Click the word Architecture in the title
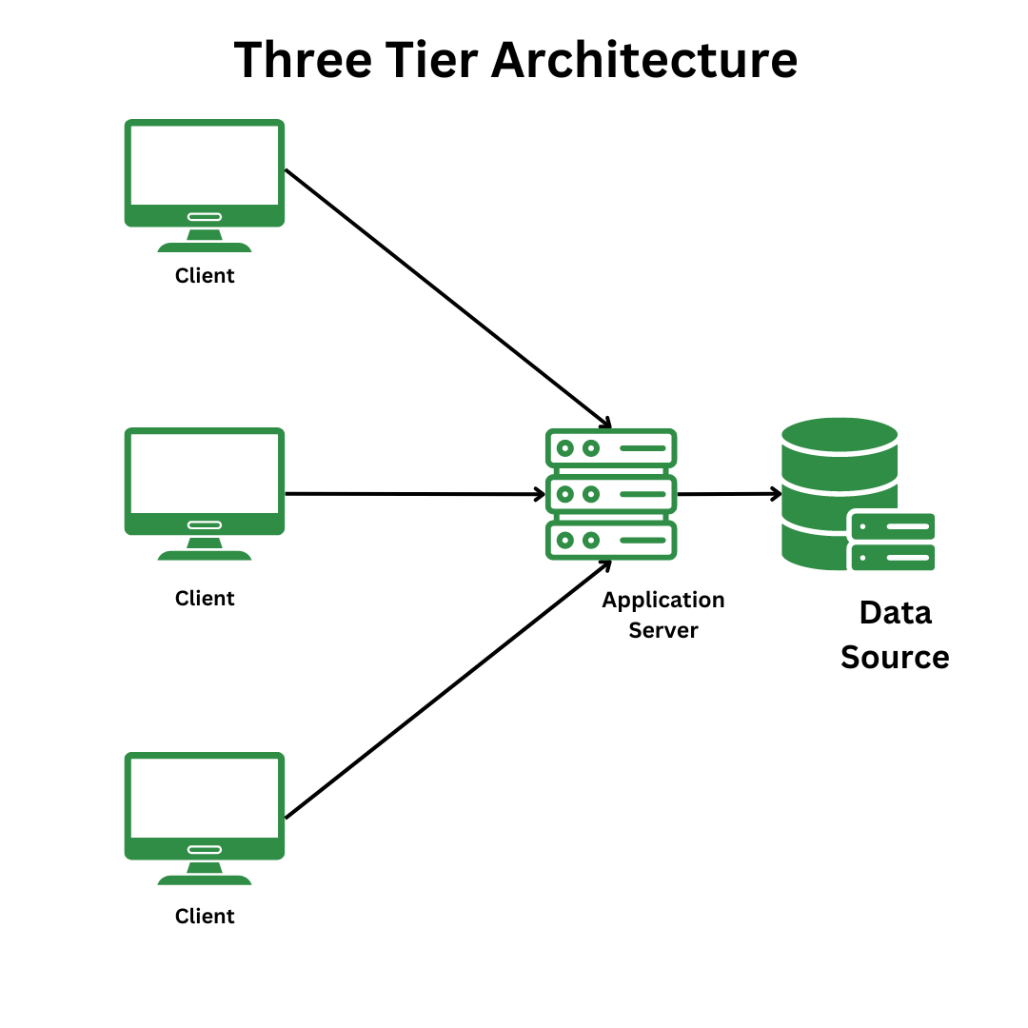tap(643, 60)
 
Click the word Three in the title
tap(303, 60)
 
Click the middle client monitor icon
tap(205, 482)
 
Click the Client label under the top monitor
tap(205, 276)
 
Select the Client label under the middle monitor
tap(205, 599)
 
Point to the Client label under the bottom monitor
tap(205, 917)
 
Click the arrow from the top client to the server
tap(447, 297)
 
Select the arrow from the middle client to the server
tap(414, 494)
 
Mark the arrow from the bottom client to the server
tap(447, 689)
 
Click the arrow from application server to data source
tap(728, 494)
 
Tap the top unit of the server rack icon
tap(611, 447)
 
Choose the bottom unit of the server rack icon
tap(611, 540)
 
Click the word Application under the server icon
tap(663, 601)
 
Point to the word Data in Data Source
tap(895, 613)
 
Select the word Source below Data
tap(895, 658)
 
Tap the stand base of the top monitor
tap(205, 247)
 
